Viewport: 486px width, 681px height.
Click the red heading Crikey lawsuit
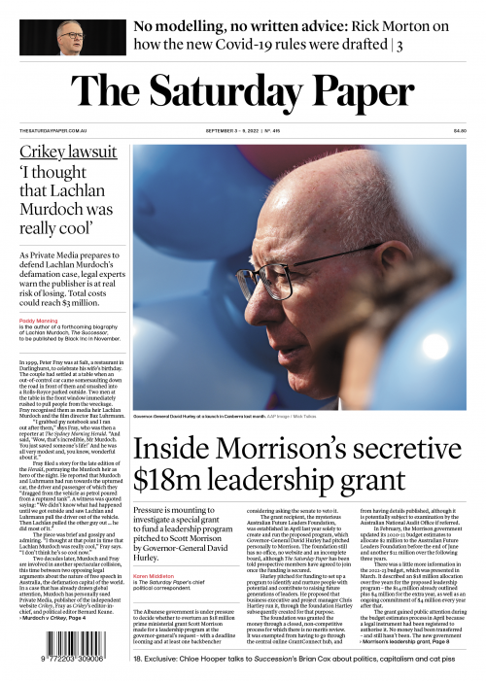(x=64, y=154)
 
